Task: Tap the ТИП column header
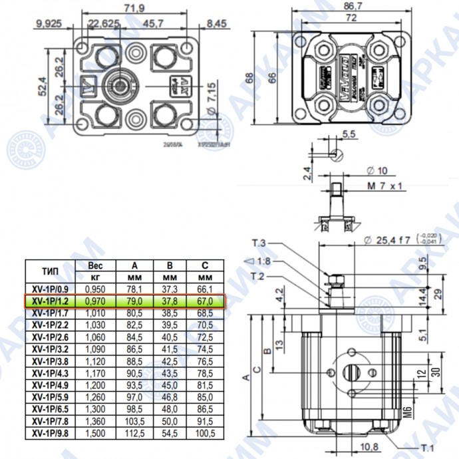50,271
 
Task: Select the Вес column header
95,265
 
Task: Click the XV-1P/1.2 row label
50,301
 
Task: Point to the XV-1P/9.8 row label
50,433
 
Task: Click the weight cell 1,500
95,433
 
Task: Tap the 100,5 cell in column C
205,433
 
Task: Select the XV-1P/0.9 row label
50,289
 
